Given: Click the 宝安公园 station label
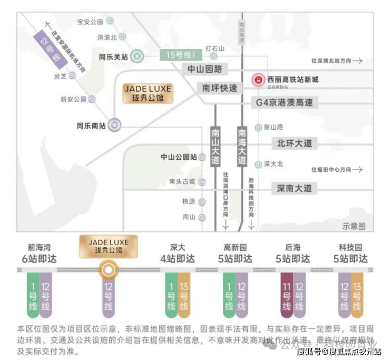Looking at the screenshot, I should point(90,22).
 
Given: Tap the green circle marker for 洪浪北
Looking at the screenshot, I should point(123,37).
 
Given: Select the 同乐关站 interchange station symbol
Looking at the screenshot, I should point(137,55).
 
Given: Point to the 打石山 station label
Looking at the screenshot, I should point(214,48).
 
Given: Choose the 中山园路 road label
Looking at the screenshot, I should point(205,69).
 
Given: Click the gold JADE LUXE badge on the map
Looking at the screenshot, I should point(148,93).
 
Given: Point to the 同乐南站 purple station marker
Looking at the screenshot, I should point(115,125).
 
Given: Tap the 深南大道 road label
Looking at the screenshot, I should point(295,188).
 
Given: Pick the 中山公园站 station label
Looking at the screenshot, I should point(179,157).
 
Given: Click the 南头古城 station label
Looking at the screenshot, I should point(182,182).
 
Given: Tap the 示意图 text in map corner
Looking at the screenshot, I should point(354,226).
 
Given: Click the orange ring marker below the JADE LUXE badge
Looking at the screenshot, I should point(108,270).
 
